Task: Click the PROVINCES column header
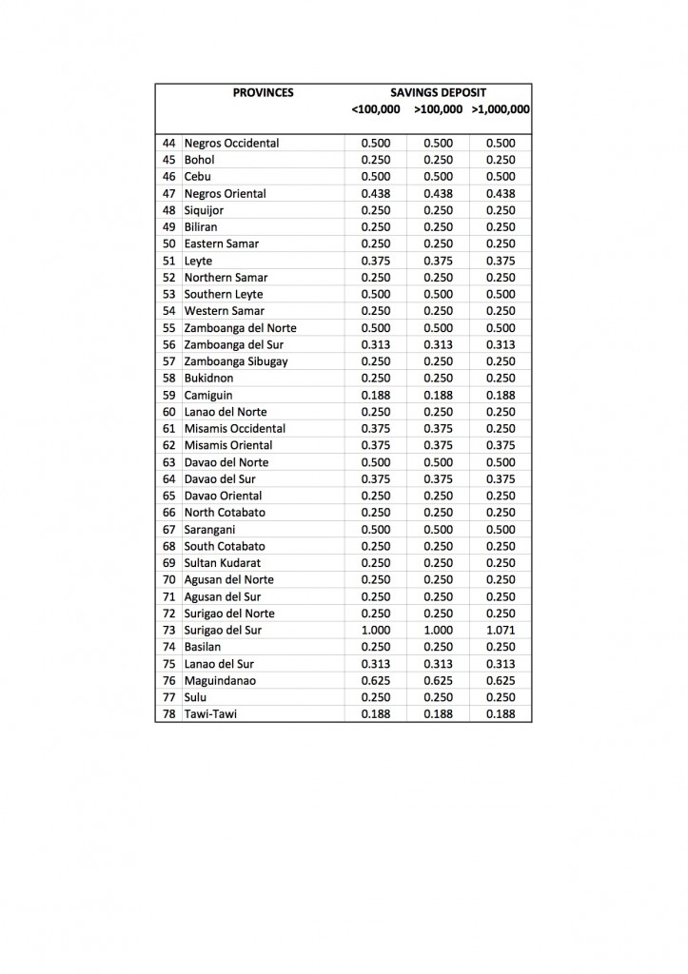point(263,92)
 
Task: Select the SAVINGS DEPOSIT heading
point(438,92)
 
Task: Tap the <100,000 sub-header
point(376,109)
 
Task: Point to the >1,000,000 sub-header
point(501,109)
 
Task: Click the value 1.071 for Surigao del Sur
point(501,630)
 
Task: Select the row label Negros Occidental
point(231,143)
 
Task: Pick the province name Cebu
point(198,176)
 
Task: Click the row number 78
point(169,713)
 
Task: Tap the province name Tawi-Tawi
point(210,713)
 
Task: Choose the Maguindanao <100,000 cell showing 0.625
point(376,680)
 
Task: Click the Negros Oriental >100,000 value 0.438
point(438,193)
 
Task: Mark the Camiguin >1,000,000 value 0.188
point(501,395)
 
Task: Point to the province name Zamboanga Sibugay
point(236,361)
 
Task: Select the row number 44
point(169,143)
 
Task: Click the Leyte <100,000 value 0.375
point(376,261)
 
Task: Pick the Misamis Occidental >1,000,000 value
point(501,428)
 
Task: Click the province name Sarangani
point(211,529)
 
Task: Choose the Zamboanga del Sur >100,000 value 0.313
point(438,344)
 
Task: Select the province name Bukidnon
point(208,378)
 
